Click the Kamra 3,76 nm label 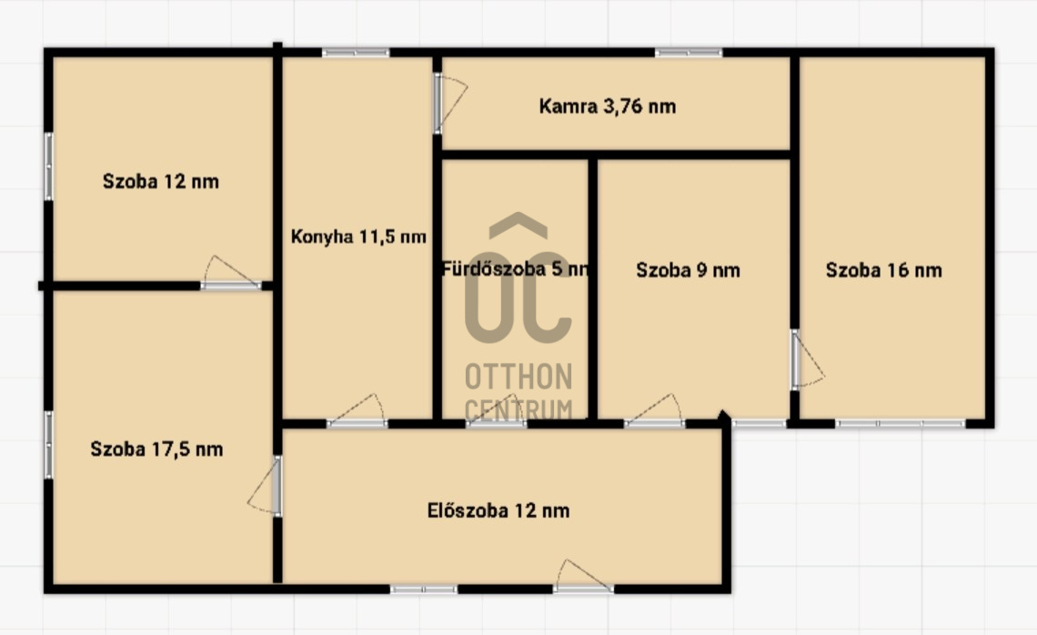click(x=607, y=106)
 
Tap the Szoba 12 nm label click(x=161, y=181)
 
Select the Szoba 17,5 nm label click(x=156, y=449)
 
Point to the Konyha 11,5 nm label click(x=358, y=237)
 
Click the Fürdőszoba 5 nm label click(x=515, y=268)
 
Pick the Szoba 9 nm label click(x=688, y=270)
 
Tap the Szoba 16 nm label click(x=883, y=270)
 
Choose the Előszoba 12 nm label click(x=498, y=510)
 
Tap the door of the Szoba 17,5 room click(x=266, y=486)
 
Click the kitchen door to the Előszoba click(x=357, y=411)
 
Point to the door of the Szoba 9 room click(x=655, y=411)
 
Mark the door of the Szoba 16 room click(x=807, y=359)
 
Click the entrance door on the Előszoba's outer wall click(x=583, y=576)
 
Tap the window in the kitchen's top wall click(x=356, y=52)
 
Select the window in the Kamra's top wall click(x=689, y=52)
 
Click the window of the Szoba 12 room click(x=48, y=166)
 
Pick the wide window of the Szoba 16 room click(x=901, y=423)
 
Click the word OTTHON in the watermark click(x=518, y=377)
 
